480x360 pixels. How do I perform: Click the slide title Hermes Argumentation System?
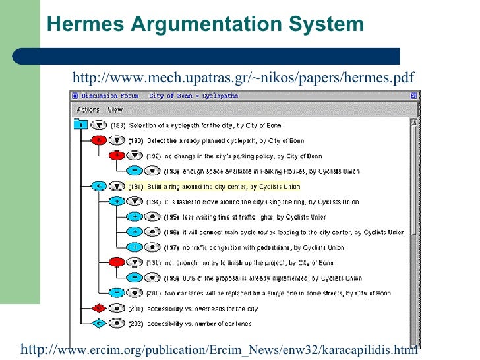(x=205, y=24)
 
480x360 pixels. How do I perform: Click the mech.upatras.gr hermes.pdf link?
(x=243, y=79)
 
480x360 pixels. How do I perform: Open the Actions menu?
(x=88, y=110)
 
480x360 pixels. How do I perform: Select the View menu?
(x=115, y=110)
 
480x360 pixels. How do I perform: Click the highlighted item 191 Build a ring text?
(x=214, y=186)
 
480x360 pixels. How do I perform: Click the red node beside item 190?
(x=99, y=140)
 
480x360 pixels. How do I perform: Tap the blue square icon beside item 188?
(x=80, y=124)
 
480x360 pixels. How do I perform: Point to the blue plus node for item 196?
(x=134, y=232)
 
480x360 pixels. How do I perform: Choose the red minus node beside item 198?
(x=116, y=262)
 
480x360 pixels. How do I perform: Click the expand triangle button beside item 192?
(x=135, y=156)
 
